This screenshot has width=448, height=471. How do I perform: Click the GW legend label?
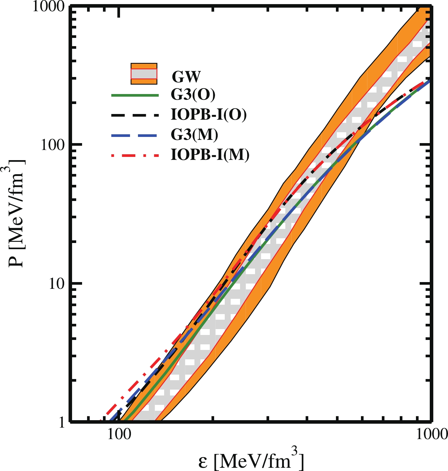tap(186, 77)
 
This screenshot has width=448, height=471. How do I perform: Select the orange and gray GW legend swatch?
tap(144, 74)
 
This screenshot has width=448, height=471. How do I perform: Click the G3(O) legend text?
tap(193, 95)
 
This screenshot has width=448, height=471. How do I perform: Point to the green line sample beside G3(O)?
tap(135, 95)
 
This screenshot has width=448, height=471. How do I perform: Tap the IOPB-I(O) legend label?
tap(209, 115)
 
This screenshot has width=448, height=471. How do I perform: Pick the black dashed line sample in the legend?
tap(135, 115)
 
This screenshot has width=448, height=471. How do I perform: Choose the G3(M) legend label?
tap(194, 135)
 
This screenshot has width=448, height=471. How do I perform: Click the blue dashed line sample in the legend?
tap(135, 135)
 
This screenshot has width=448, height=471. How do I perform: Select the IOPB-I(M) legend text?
tap(210, 155)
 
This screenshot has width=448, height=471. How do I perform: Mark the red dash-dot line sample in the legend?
tap(135, 155)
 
